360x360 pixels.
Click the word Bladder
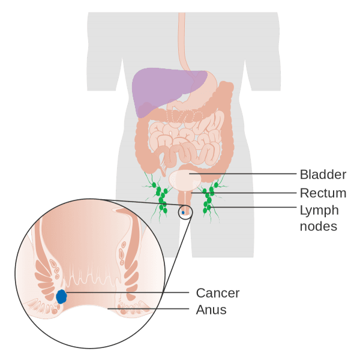click(323, 175)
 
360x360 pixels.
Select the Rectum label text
click(323, 193)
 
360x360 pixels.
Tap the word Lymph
click(319, 211)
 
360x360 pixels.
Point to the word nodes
click(319, 226)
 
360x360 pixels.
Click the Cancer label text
click(218, 293)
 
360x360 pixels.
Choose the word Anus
click(211, 310)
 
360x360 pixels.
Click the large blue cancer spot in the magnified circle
click(61, 296)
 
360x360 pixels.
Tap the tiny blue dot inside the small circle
click(183, 212)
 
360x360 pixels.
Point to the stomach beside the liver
click(202, 92)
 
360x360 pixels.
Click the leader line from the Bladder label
click(243, 174)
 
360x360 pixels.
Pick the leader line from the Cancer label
click(128, 293)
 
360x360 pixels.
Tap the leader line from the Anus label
click(148, 308)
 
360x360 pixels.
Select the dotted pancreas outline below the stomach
click(185, 116)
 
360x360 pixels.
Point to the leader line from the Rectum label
click(244, 193)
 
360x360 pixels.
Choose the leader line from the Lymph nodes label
click(254, 207)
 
